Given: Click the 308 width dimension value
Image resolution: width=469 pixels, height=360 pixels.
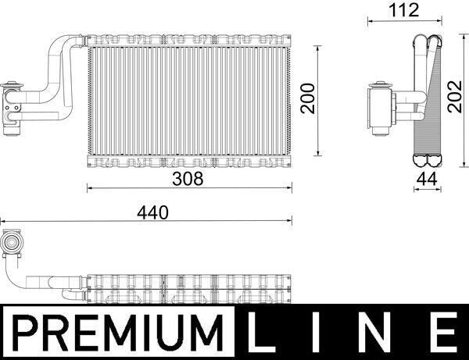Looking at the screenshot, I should (188, 179).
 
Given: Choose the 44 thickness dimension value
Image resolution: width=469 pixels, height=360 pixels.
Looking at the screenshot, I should (427, 179).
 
